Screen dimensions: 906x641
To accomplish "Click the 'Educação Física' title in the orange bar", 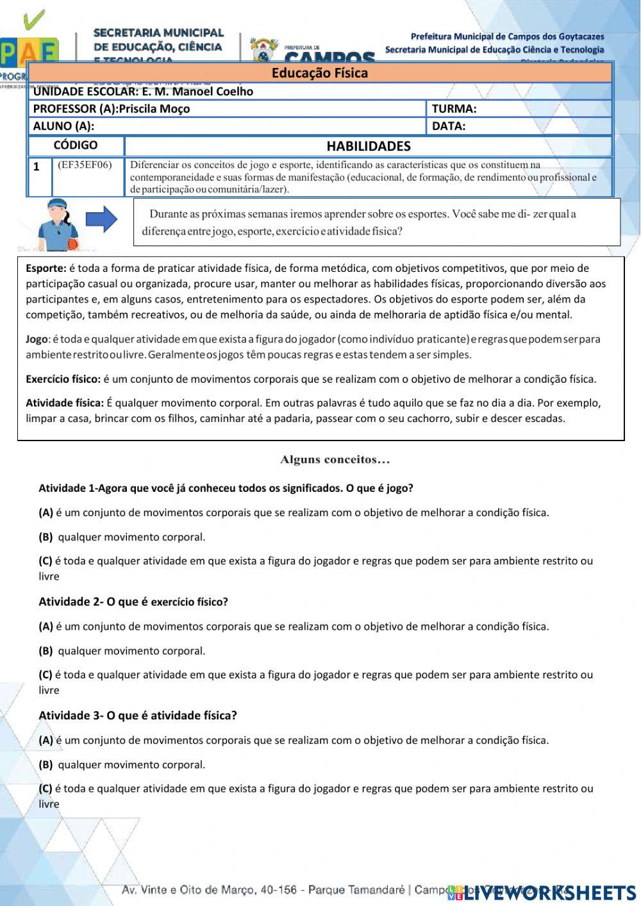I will pyautogui.click(x=319, y=73).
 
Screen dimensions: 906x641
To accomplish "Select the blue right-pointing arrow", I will pyautogui.click(x=101, y=220).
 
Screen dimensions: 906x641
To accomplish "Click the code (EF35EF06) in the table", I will pyautogui.click(x=85, y=165).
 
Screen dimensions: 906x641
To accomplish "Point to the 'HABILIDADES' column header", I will pyautogui.click(x=368, y=146).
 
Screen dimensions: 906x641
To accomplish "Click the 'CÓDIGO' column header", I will pyautogui.click(x=76, y=146).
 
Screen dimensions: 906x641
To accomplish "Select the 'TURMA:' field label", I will pyautogui.click(x=454, y=109).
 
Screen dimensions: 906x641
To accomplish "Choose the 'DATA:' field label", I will pyautogui.click(x=449, y=126).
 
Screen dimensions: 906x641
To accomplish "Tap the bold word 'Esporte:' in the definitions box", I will pyautogui.click(x=46, y=269).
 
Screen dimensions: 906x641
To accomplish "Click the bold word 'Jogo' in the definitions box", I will pyautogui.click(x=37, y=339).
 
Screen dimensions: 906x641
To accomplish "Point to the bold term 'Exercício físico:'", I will pyautogui.click(x=63, y=379).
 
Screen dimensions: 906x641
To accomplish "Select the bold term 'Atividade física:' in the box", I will pyautogui.click(x=64, y=403).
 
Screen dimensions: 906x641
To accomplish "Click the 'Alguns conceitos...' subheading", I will pyautogui.click(x=335, y=460).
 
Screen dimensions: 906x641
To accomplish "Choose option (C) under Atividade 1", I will pyautogui.click(x=46, y=561).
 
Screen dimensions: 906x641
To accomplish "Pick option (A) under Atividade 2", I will pyautogui.click(x=46, y=626).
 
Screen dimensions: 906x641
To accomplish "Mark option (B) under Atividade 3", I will pyautogui.click(x=46, y=765).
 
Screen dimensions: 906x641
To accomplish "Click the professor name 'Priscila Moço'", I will pyautogui.click(x=154, y=109).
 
